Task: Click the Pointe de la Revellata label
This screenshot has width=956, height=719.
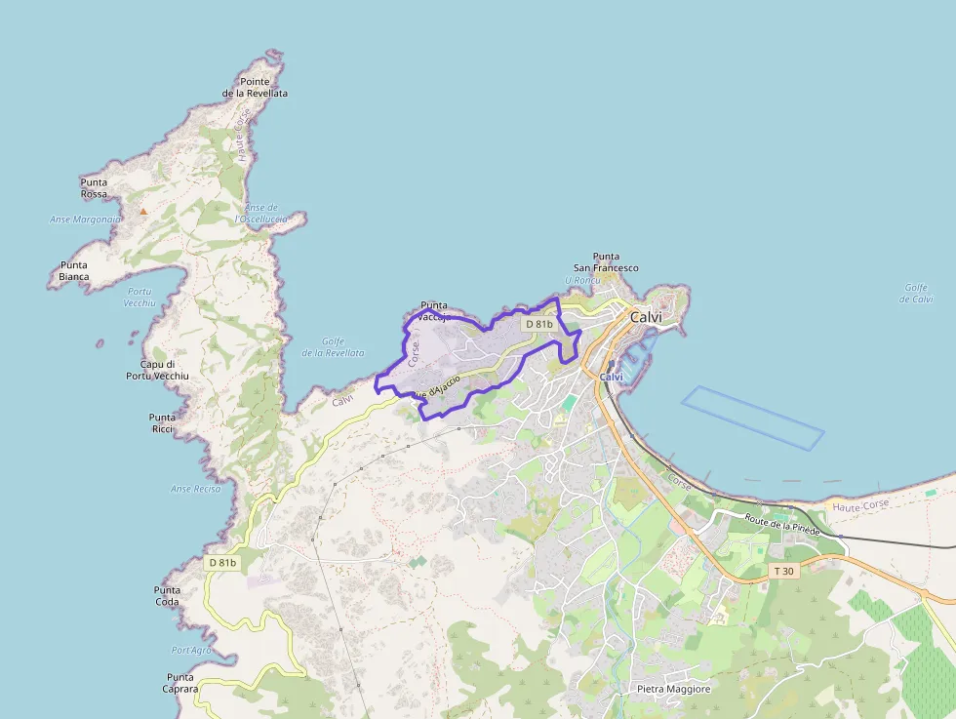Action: pyautogui.click(x=255, y=88)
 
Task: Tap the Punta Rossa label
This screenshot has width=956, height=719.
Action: pyautogui.click(x=95, y=188)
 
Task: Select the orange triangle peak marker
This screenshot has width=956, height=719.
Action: pyautogui.click(x=143, y=211)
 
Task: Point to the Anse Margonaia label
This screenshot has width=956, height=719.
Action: pyautogui.click(x=85, y=220)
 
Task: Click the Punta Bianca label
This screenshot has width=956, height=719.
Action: pyautogui.click(x=74, y=270)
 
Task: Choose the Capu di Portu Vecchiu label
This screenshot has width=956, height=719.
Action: pyautogui.click(x=157, y=370)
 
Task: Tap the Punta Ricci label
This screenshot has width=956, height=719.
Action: pyautogui.click(x=162, y=422)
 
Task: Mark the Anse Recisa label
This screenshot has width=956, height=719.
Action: pyautogui.click(x=196, y=489)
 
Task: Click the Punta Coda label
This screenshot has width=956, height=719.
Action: pyautogui.click(x=167, y=595)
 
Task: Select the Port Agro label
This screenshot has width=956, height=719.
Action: pyautogui.click(x=191, y=650)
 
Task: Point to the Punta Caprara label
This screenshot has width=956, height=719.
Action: pyautogui.click(x=180, y=683)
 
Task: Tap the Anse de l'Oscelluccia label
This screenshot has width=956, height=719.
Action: pyautogui.click(x=261, y=214)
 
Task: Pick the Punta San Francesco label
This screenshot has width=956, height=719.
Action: pyautogui.click(x=606, y=261)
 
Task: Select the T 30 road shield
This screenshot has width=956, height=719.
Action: pyautogui.click(x=783, y=571)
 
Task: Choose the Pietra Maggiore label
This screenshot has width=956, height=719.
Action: pyautogui.click(x=674, y=689)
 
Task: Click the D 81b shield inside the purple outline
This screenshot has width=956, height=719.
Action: pyautogui.click(x=538, y=324)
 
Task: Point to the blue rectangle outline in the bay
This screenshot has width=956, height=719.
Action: pyautogui.click(x=753, y=418)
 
